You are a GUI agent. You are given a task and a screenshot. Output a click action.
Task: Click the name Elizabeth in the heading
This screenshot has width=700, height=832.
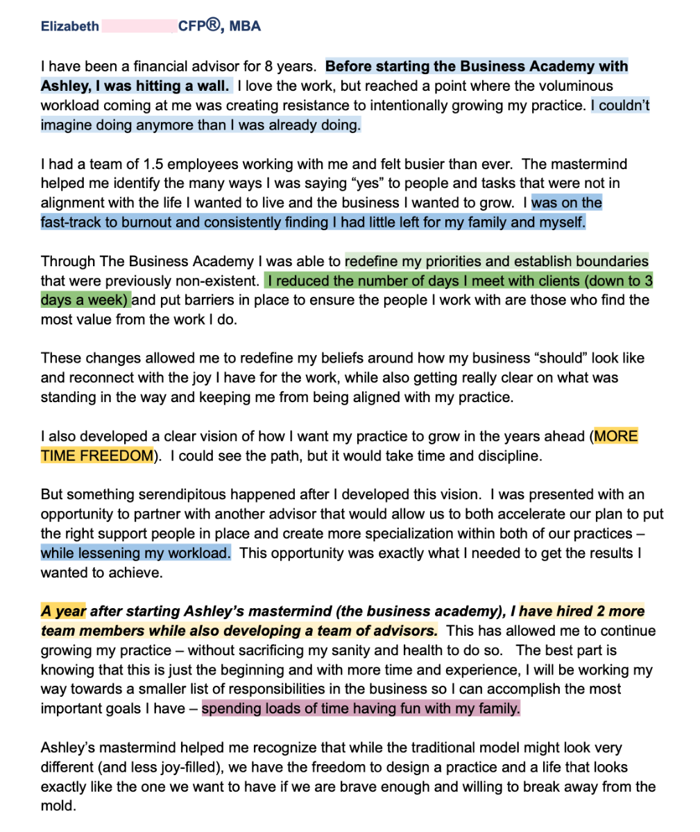pyautogui.click(x=70, y=26)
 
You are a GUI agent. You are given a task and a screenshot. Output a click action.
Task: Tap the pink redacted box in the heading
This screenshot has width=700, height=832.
pyautogui.click(x=138, y=26)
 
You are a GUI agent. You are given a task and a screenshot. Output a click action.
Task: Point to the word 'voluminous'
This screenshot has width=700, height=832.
pyautogui.click(x=579, y=86)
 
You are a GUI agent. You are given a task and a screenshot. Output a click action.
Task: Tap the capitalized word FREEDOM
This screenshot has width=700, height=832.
pyautogui.click(x=117, y=456)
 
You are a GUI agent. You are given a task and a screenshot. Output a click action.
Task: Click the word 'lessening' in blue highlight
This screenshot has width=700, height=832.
pyautogui.click(x=104, y=553)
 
